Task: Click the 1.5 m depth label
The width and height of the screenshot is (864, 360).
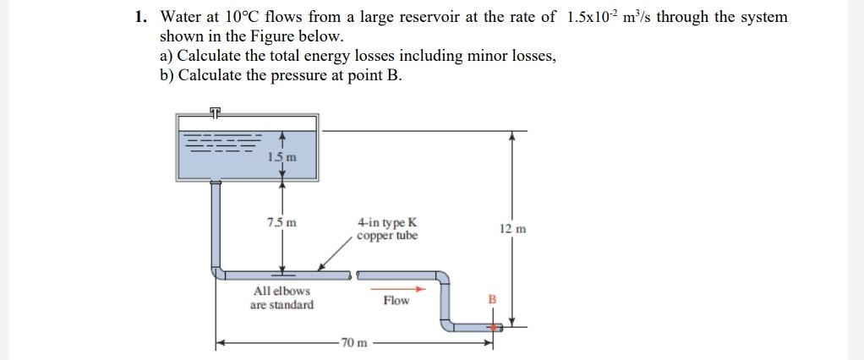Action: point(282,156)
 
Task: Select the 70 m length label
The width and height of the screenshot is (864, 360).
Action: point(353,343)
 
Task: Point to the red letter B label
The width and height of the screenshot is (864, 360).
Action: point(493,298)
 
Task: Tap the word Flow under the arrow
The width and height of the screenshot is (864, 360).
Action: point(396,301)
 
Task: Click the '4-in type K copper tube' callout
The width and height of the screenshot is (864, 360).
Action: point(386,229)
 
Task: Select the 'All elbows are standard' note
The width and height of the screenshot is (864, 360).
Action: point(282,297)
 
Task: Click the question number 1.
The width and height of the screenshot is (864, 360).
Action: point(142,17)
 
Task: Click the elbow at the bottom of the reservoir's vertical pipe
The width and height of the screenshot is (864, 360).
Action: point(218,272)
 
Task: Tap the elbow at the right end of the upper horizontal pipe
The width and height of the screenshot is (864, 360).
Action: point(443,276)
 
